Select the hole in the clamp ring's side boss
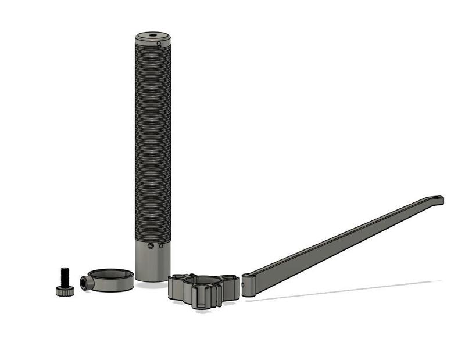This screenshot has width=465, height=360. (x=85, y=283)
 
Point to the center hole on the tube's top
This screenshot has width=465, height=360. (x=153, y=35)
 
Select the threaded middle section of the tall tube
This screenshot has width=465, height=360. (x=153, y=140)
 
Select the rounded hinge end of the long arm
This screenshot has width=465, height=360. (x=248, y=285)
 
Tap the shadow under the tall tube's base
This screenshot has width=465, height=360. (x=152, y=284)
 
